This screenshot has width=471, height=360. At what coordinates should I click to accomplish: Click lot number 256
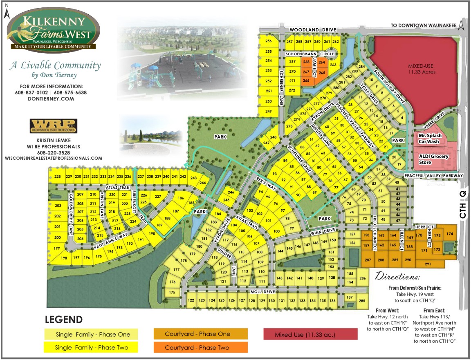pos(269,41)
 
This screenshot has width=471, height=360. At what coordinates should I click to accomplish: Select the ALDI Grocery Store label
pos(434,159)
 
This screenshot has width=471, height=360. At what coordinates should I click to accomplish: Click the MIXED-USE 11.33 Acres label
pos(421,69)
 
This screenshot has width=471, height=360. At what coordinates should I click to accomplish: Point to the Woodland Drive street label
pos(313,30)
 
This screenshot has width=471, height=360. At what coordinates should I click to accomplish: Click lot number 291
pos(428,264)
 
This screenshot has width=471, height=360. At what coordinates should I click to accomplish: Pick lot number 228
pos(57,177)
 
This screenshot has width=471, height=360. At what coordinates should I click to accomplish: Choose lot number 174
pos(450,234)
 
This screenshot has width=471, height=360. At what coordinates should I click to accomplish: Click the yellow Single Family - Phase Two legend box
pos(90,348)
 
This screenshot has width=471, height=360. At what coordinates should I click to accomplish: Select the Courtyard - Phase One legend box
pos(200,334)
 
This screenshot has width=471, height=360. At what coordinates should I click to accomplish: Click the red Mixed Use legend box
pos(310,335)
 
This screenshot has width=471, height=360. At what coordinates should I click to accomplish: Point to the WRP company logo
pos(53,126)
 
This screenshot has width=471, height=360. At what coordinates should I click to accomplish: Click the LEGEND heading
pos(63,320)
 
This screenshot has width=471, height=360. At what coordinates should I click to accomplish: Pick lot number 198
pos(64,258)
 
